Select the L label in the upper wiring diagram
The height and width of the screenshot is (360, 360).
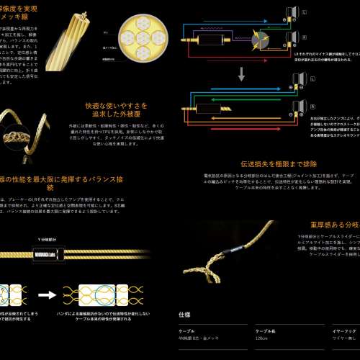pos(305,13)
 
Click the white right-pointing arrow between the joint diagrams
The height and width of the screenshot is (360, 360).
pos(48,294)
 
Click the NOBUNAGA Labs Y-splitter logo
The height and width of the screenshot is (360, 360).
pos(48,252)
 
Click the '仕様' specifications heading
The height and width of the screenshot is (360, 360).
pos(184,314)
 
